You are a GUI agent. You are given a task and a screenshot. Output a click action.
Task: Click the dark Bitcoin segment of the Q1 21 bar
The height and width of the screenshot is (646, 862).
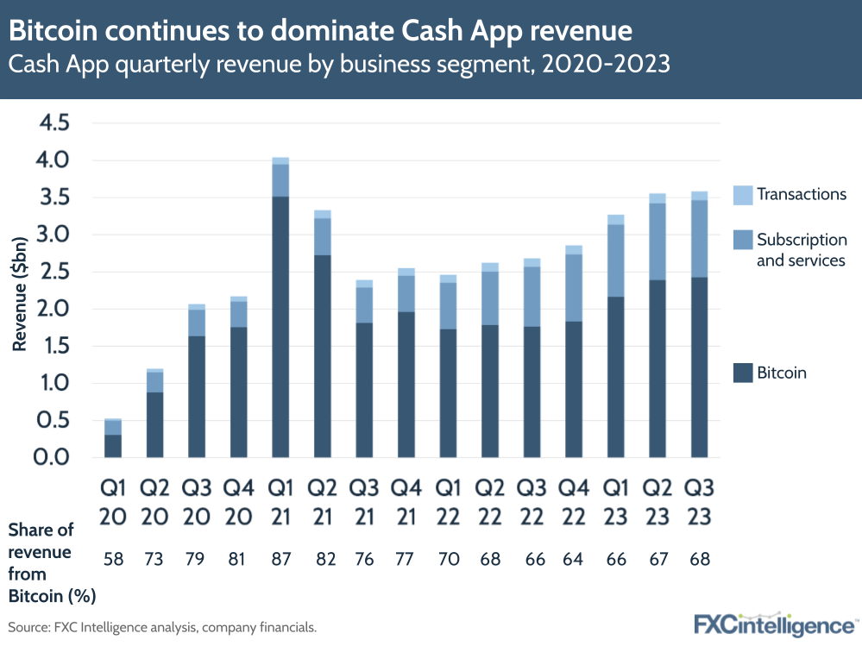coord(280,328)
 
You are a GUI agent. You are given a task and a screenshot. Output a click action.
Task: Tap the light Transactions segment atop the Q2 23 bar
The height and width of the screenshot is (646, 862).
coord(658,198)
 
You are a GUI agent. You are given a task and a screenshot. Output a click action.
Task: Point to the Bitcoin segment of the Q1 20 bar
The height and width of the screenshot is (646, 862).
coord(113,446)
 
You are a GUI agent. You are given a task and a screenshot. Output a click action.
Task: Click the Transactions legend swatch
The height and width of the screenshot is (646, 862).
coord(742,194)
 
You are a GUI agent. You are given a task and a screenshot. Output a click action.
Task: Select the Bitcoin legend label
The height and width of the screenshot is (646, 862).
coord(781,373)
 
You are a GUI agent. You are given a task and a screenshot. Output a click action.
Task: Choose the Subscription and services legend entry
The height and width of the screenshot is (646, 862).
coord(801,249)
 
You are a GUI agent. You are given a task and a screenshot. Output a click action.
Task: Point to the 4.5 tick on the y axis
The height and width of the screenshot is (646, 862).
coord(52,123)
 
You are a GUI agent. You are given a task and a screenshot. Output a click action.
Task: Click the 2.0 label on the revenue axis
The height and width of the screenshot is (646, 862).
coord(52,309)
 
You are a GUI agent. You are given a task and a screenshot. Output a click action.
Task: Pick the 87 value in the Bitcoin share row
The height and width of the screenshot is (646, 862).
coord(280,558)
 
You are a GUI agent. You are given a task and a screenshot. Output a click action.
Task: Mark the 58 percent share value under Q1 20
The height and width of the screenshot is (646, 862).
coord(113,558)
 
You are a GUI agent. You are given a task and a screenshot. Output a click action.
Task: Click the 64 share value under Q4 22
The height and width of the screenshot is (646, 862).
coord(574,558)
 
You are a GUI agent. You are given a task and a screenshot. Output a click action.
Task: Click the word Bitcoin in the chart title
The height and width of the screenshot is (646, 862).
coord(57,32)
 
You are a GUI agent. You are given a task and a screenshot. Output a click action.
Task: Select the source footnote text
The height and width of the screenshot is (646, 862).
coord(162,627)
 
